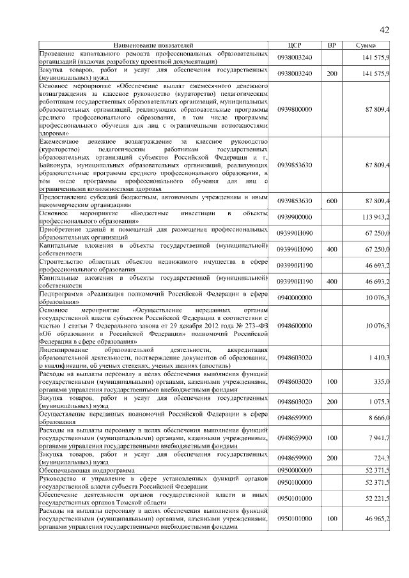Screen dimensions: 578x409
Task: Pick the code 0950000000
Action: (295, 469)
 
